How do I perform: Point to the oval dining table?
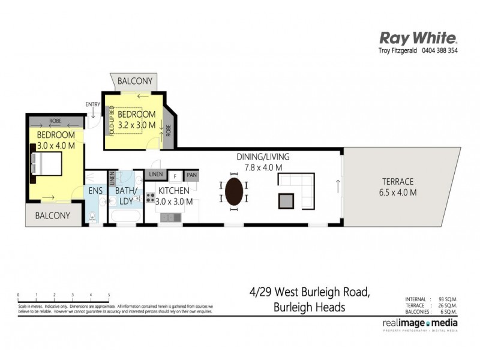coord(235,192)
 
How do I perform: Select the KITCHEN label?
coord(174,191)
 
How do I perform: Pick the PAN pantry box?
coord(191,175)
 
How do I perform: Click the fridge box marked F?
coord(175,175)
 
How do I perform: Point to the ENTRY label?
coord(93,104)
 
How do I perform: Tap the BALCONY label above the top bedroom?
coord(134,81)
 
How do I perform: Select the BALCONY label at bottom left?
coord(52,215)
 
